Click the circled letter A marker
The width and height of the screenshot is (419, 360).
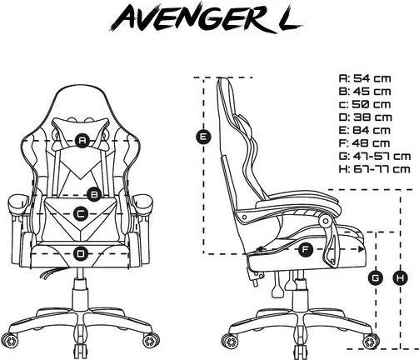coord(82,141)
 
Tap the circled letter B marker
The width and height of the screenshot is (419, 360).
coord(95,193)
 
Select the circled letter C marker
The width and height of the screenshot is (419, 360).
coord(81,214)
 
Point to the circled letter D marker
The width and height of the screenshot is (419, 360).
coord(81,252)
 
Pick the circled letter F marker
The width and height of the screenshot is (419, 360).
coord(305,248)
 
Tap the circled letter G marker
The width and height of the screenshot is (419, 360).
coord(376,276)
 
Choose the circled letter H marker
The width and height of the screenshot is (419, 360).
coord(402,276)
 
